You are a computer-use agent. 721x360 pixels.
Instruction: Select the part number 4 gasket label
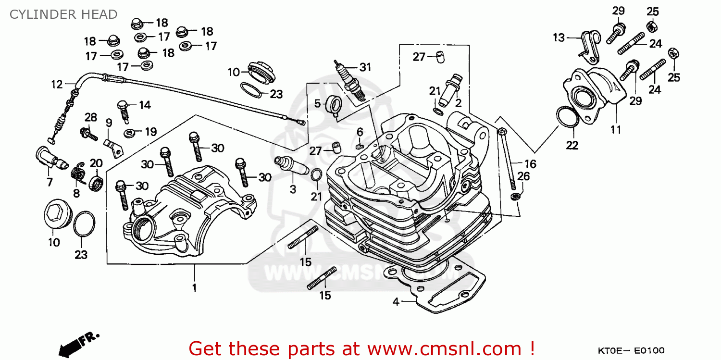pyautogui.click(x=396, y=302)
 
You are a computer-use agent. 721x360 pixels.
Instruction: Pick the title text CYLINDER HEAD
pyautogui.click(x=63, y=14)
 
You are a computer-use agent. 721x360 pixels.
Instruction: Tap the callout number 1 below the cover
pyautogui.click(x=194, y=288)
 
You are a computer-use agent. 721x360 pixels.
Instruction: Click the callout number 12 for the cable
pyautogui.click(x=57, y=85)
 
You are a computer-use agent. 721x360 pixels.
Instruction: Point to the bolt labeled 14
pyautogui.click(x=124, y=111)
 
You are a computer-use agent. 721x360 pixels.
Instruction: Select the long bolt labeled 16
pyautogui.click(x=507, y=159)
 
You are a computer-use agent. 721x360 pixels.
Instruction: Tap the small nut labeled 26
pyautogui.click(x=516, y=196)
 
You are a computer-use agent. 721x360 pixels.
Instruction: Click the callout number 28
pyautogui.click(x=91, y=117)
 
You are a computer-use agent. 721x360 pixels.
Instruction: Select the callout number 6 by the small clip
pyautogui.click(x=360, y=132)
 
